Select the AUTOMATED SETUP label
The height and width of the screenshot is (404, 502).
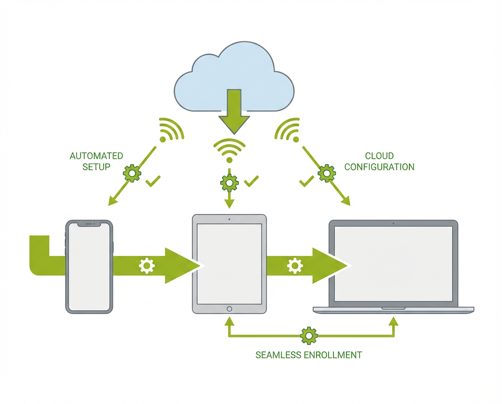point(96,161)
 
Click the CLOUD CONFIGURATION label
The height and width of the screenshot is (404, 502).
point(379,161)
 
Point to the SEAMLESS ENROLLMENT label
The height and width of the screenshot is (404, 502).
point(309,355)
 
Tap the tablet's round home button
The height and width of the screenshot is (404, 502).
point(229,309)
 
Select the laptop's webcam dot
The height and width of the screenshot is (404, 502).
point(393,223)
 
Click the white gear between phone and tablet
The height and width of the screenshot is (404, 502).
point(146,266)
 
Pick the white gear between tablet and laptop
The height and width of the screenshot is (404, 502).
point(295,266)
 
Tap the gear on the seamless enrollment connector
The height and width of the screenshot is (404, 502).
point(309,336)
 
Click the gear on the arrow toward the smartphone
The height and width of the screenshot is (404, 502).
point(132,173)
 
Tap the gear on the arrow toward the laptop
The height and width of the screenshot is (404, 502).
point(326,173)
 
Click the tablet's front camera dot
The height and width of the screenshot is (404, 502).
point(229,219)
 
